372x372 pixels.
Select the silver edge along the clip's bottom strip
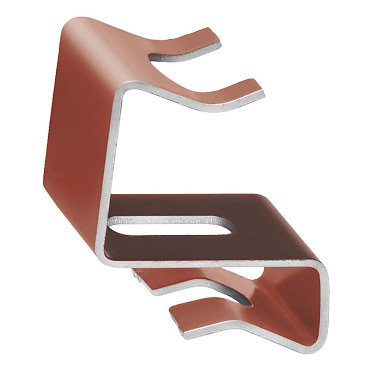251,337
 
